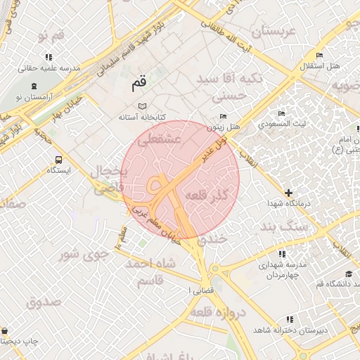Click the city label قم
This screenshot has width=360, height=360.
139,83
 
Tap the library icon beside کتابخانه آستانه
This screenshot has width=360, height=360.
143,105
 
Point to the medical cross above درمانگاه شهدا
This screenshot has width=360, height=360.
288,192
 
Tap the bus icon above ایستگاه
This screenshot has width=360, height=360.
58,160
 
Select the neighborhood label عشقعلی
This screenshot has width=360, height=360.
160,141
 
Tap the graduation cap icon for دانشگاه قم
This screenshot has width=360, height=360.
348,274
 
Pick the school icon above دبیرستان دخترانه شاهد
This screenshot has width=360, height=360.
290,319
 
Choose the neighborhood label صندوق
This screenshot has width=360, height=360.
44,302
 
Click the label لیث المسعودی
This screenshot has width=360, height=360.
281,124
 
